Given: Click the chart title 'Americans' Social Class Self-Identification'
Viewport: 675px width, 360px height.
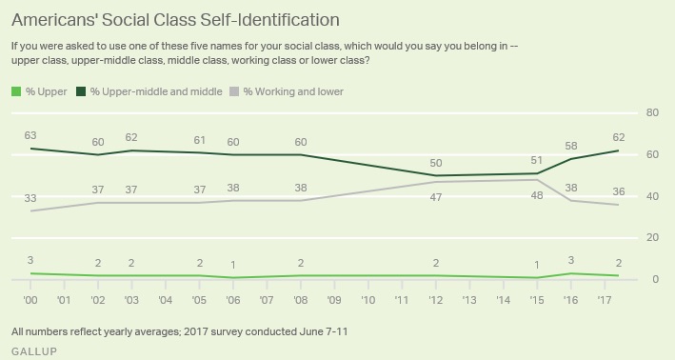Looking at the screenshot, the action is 175,20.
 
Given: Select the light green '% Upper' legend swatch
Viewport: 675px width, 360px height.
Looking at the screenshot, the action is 16,91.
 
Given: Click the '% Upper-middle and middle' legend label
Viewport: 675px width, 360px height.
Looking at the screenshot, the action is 156,91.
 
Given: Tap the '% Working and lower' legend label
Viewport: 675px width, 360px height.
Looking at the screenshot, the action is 293,91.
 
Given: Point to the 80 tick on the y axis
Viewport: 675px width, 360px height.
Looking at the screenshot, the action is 652,112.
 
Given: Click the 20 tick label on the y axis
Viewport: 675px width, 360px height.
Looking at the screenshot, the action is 652,237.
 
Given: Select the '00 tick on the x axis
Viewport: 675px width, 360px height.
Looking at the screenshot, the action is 30,299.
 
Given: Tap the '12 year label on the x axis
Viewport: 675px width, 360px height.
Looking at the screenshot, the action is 436,299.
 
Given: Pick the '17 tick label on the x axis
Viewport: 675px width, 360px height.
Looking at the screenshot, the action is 605,299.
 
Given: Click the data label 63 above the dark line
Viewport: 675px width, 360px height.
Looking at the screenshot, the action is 30,135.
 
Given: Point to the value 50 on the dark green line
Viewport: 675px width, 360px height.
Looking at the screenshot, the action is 436,163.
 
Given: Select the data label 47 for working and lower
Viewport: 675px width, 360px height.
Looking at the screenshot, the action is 436,197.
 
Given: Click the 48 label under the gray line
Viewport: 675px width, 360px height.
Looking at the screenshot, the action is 537,195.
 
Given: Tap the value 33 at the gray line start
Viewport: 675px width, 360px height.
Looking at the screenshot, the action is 30,198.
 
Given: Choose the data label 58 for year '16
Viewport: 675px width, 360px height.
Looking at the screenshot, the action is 571,146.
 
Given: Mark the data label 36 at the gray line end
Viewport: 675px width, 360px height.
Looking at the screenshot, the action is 619,191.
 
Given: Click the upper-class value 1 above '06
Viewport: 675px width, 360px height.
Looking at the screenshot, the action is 233,265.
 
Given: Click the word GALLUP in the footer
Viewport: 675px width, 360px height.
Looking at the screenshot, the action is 34,351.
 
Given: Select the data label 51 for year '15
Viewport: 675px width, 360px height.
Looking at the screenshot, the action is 537,161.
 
